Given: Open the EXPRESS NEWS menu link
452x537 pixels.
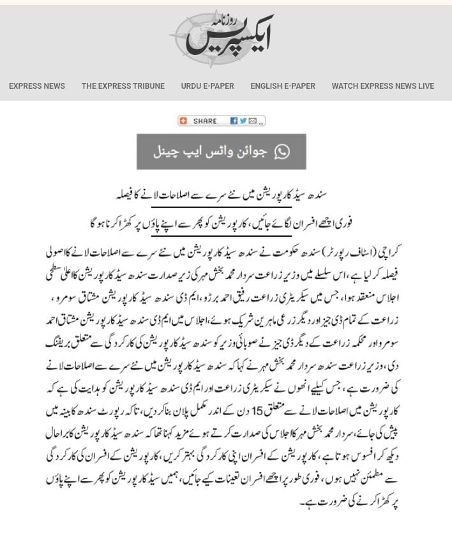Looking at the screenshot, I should (37, 86).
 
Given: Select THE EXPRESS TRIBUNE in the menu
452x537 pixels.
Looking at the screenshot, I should (123, 86).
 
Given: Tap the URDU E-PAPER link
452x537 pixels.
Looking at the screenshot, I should (207, 86).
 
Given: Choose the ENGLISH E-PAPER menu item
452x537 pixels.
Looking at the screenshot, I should (283, 86).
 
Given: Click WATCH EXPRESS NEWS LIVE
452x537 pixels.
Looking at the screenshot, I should (382, 86).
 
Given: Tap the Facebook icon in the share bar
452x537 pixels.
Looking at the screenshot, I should (234, 121).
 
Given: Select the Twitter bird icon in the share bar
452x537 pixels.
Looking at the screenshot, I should (243, 121).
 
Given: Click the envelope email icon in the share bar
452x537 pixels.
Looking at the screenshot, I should (253, 121).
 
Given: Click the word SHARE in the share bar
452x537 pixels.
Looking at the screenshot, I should (205, 121).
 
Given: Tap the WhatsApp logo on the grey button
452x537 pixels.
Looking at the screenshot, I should (282, 151).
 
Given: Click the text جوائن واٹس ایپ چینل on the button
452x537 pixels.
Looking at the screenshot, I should (211, 152).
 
